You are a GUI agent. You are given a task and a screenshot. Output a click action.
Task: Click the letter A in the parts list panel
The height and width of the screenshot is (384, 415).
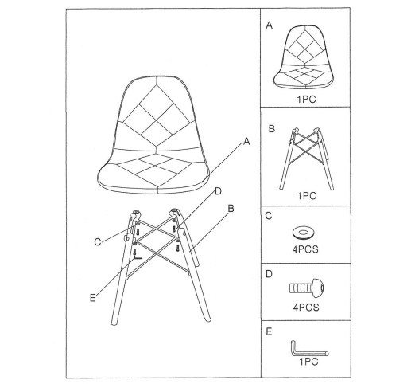click(269, 25)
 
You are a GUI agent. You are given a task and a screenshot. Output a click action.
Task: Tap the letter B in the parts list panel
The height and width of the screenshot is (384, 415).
click(272, 129)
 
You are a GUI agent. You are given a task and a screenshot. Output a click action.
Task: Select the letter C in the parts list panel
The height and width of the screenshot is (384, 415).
click(269, 216)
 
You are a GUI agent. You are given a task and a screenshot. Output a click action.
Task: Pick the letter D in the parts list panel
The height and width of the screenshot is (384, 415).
click(269, 274)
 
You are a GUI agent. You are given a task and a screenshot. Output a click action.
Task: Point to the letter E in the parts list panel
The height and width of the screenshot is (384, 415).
click(269, 331)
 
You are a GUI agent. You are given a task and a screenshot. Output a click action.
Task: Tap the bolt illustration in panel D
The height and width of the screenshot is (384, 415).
click(307, 288)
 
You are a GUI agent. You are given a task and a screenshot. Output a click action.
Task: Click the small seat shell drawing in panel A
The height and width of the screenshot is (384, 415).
click(304, 57)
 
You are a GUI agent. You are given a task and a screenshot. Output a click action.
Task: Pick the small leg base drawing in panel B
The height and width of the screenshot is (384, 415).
click(306, 159)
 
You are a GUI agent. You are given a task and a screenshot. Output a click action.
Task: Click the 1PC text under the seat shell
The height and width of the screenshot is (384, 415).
click(306, 100)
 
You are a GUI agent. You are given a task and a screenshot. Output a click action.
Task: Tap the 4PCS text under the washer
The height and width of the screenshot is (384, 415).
click(305, 249)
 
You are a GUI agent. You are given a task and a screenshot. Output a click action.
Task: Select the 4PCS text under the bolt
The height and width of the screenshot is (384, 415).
click(306, 308)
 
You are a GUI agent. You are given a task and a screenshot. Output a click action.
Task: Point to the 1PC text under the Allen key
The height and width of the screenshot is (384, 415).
click(308, 362)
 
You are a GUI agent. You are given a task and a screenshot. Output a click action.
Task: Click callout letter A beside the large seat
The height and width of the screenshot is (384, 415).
click(246, 142)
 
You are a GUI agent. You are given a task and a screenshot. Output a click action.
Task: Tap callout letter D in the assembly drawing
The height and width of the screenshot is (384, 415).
click(218, 191)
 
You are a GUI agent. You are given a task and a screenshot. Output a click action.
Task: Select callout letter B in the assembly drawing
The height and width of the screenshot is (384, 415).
click(231, 209)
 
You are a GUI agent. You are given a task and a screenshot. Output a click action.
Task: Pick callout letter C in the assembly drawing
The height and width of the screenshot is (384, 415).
click(98, 242)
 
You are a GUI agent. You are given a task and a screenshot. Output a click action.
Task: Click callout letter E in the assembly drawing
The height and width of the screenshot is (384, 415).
click(92, 298)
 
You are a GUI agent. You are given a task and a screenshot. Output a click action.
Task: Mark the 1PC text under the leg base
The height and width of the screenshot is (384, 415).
click(307, 196)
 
